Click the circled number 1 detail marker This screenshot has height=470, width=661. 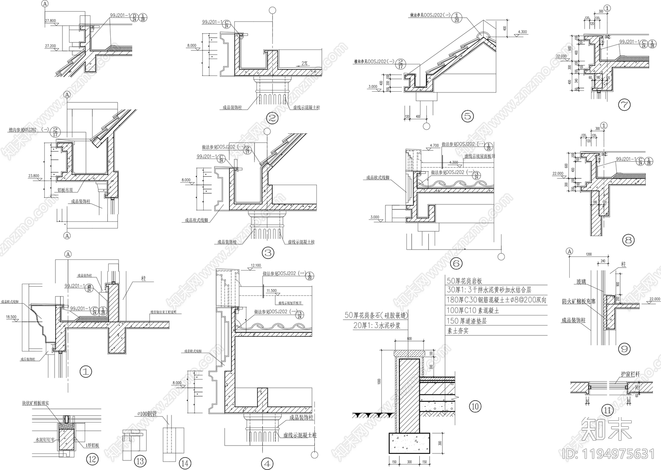(x=86, y=371)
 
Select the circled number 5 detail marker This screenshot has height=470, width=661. (x=467, y=116)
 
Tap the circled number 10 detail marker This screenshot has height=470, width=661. (x=475, y=406)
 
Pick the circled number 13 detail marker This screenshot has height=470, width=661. (x=140, y=461)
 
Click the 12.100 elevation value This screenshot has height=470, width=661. (x=256, y=265)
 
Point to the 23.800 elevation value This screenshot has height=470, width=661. (x=34, y=176)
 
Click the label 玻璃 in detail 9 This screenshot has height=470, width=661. (x=581, y=282)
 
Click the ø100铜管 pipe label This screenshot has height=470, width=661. (x=147, y=413)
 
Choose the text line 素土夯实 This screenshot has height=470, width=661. (x=458, y=331)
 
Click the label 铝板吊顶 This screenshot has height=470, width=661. (x=65, y=190)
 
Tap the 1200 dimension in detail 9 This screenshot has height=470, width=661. (x=588, y=254)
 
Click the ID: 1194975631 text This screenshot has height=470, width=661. (x=609, y=454)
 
